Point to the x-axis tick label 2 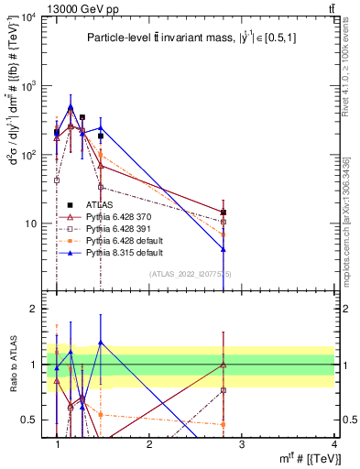(149, 443)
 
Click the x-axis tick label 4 (333, 443)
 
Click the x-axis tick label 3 (241, 443)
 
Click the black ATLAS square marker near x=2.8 (224, 213)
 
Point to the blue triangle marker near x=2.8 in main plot (224, 248)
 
